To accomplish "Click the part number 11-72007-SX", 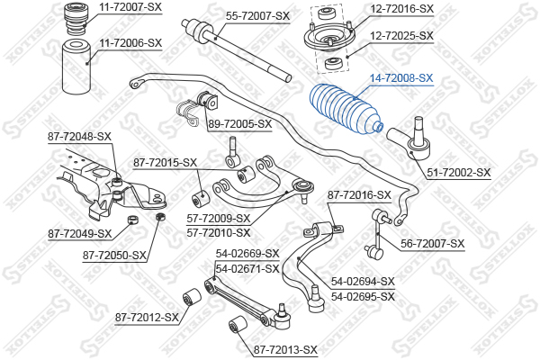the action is pyautogui.click(x=130, y=7).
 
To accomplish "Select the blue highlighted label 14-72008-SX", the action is pyautogui.click(x=401, y=78).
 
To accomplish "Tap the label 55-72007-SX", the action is pyautogui.click(x=257, y=16).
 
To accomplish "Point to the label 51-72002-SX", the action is pyautogui.click(x=459, y=172).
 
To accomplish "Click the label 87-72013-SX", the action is pyautogui.click(x=285, y=350).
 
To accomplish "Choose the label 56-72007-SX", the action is pyautogui.click(x=432, y=244).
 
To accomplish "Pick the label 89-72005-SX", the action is pyautogui.click(x=240, y=123).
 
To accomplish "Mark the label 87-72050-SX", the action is pyautogui.click(x=114, y=256).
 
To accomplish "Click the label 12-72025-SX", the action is pyautogui.click(x=401, y=35).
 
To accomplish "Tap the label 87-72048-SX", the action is pyautogui.click(x=79, y=137).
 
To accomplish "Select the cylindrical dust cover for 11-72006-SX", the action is pyautogui.click(x=76, y=67).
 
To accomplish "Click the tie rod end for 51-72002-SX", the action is pyautogui.click(x=411, y=140).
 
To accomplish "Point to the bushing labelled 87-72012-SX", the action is pyautogui.click(x=191, y=297).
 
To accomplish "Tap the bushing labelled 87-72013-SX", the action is pyautogui.click(x=238, y=325).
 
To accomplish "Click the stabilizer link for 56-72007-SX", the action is pyautogui.click(x=378, y=234).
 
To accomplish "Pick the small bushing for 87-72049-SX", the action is pyautogui.click(x=132, y=220).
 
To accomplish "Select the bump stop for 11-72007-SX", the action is pyautogui.click(x=76, y=19).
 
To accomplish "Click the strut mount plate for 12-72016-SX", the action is pyautogui.click(x=328, y=39).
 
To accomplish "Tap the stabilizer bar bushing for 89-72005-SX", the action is pyautogui.click(x=208, y=98).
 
